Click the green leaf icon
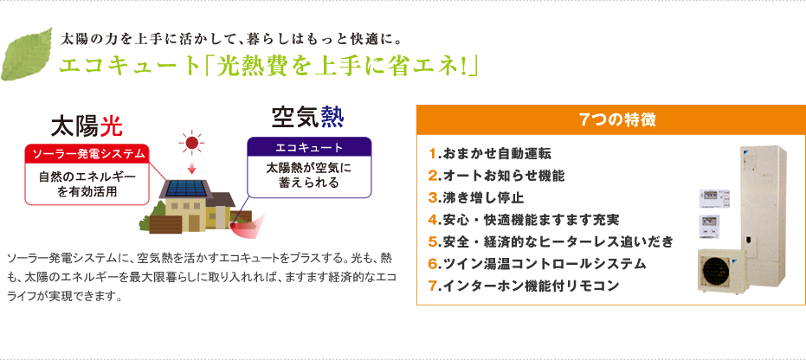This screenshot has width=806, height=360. (26, 54)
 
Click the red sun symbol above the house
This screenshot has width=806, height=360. (191, 144)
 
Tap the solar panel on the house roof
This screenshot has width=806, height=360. (187, 188)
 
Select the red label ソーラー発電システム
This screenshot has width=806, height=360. (87, 153)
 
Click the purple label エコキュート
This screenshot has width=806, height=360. (309, 147)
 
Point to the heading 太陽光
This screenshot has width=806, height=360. (87, 125)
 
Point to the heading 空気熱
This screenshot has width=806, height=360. (308, 117)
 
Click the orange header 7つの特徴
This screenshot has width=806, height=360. (610, 119)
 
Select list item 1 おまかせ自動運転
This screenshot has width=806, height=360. (489, 153)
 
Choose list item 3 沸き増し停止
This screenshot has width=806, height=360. (476, 197)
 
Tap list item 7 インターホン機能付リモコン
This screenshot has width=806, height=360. (523, 286)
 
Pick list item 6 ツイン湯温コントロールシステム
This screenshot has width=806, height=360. (537, 264)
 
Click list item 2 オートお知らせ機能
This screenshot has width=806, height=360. (496, 176)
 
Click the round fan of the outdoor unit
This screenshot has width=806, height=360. (717, 270)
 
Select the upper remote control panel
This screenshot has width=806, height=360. (714, 199)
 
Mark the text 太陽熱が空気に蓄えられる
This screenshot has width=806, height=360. (309, 175)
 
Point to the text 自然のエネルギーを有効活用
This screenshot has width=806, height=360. (87, 183)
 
